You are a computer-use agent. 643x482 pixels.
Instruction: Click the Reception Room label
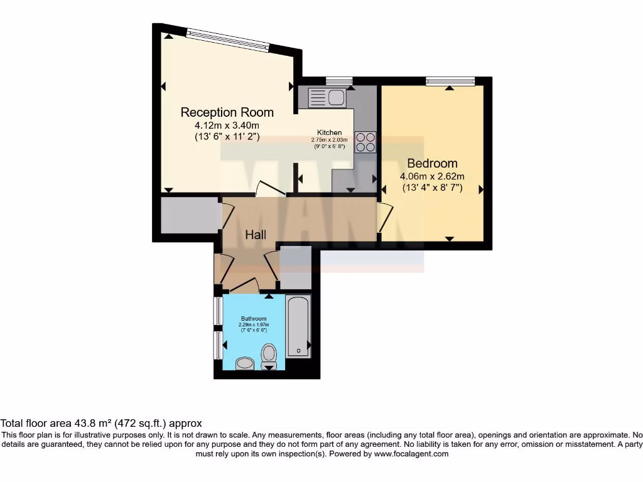click(227, 112)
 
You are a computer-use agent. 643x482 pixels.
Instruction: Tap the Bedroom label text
click(432, 163)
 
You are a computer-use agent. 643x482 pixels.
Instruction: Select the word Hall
click(256, 235)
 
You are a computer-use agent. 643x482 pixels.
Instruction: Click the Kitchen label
click(329, 132)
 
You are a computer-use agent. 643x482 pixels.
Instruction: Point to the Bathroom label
click(254, 318)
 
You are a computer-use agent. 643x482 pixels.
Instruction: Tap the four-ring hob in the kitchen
click(365, 142)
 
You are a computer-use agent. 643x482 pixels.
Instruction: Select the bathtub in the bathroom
click(298, 326)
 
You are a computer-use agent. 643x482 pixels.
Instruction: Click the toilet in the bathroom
click(269, 355)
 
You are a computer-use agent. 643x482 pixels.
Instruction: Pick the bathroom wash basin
click(244, 363)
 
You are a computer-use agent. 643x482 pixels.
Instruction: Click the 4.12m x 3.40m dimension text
click(227, 126)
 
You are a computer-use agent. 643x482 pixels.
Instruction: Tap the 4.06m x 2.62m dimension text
click(432, 176)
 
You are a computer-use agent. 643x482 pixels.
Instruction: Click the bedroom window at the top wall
click(450, 80)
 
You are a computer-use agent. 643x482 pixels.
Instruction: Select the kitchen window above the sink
click(339, 80)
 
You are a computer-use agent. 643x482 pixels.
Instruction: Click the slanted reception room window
click(228, 40)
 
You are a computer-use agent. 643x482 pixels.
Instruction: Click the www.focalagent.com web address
click(411, 454)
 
